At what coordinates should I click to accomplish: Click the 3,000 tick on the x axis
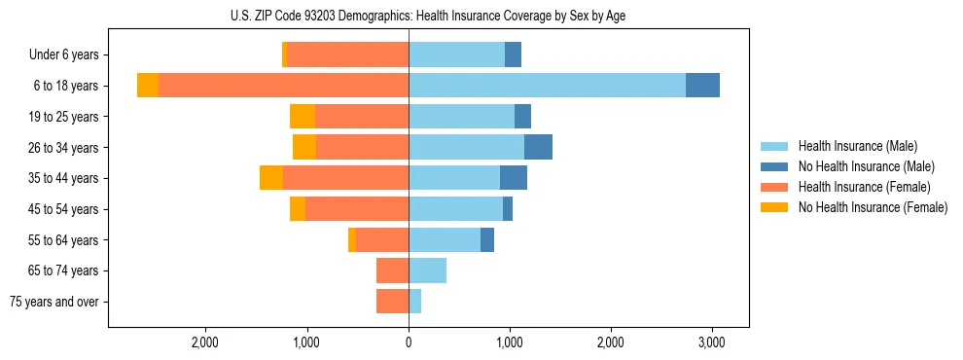(x=712, y=342)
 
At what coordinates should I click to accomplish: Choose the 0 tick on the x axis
(x=409, y=342)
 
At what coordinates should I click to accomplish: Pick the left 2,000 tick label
(x=205, y=342)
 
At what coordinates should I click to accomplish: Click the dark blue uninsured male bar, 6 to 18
(x=702, y=86)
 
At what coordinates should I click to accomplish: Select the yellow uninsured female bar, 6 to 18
(x=148, y=86)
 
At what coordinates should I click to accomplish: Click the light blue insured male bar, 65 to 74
(x=427, y=270)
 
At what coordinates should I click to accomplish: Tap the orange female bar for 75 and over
(x=392, y=302)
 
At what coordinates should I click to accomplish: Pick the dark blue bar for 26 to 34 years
(x=538, y=147)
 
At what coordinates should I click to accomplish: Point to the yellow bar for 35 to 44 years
(x=271, y=178)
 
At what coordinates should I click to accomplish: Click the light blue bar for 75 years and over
(x=414, y=302)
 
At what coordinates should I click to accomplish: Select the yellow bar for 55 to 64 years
(x=352, y=239)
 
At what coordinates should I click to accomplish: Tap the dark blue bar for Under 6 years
(x=513, y=54)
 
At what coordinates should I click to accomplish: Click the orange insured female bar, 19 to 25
(x=362, y=117)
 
